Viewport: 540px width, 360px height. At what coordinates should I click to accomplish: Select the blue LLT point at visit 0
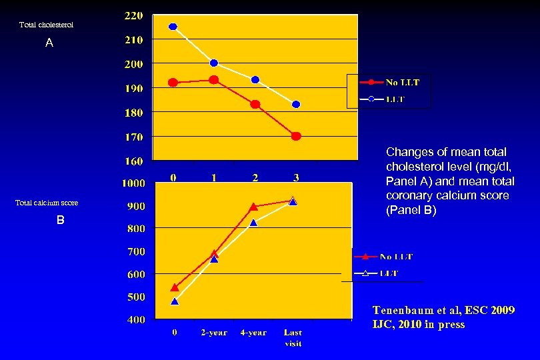coord(173,27)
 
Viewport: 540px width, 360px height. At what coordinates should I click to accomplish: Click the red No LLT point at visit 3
coord(296,136)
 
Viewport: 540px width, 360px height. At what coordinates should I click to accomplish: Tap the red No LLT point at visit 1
coord(214,80)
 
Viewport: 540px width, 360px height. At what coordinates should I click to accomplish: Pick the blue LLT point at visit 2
coord(255,79)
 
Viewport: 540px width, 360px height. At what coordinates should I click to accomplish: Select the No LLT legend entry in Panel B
coord(396,256)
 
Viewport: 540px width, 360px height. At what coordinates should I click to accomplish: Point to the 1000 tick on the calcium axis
coord(133,183)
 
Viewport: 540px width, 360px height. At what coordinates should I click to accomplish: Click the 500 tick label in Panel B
coord(136,297)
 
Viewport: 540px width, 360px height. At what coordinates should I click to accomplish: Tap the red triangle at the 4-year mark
coord(253,207)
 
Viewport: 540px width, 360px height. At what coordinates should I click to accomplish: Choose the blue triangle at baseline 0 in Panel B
coord(175,301)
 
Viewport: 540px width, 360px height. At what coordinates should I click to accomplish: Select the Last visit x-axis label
coord(293,337)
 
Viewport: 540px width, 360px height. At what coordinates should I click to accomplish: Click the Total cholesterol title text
coord(46,25)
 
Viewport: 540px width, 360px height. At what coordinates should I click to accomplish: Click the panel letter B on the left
coord(60,220)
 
